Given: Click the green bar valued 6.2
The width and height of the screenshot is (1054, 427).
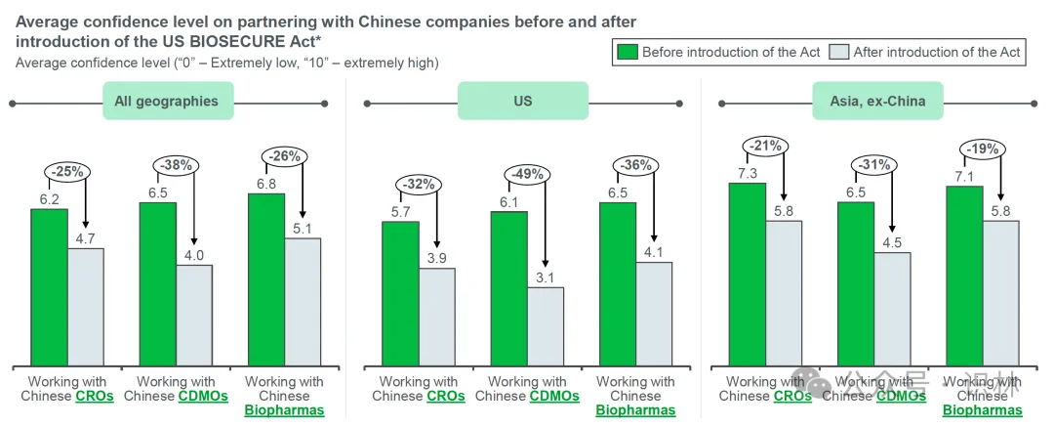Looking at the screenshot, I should [x=49, y=286].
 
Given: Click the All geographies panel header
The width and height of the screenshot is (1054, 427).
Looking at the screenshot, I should [x=167, y=101].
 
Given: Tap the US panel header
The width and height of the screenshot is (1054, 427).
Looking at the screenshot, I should [x=523, y=101].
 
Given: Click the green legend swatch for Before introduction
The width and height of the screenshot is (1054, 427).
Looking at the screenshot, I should [x=628, y=53].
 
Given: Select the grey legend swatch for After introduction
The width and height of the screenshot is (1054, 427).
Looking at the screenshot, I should [x=838, y=53].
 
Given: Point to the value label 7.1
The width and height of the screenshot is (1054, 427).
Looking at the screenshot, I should [x=963, y=175].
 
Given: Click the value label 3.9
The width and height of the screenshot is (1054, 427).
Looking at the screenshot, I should [x=437, y=257].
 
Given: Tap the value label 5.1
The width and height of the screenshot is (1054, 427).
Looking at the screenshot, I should [x=303, y=228].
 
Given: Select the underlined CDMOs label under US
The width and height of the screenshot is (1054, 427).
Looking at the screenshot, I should [x=554, y=397].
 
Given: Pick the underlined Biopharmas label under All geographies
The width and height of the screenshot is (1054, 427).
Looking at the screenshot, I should [x=284, y=410].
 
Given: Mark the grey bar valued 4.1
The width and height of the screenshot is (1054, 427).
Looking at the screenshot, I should [x=654, y=313].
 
